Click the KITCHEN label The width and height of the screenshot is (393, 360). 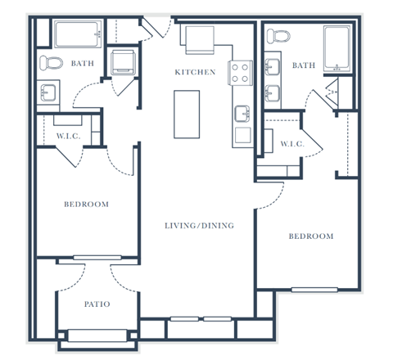[196, 73]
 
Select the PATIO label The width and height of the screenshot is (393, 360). [97, 304]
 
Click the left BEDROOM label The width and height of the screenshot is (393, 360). [86, 204]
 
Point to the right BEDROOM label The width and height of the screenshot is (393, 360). [311, 236]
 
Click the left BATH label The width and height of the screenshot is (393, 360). [83, 63]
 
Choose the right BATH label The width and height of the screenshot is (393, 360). [304, 65]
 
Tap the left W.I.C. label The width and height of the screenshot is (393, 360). [68, 136]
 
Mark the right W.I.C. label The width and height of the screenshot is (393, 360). [291, 144]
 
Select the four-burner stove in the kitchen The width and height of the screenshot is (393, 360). [242, 73]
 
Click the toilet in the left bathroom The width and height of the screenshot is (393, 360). [55, 63]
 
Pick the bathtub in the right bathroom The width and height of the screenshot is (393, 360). [337, 48]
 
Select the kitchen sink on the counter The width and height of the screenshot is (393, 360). [243, 112]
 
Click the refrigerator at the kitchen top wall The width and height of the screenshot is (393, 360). [198, 38]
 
